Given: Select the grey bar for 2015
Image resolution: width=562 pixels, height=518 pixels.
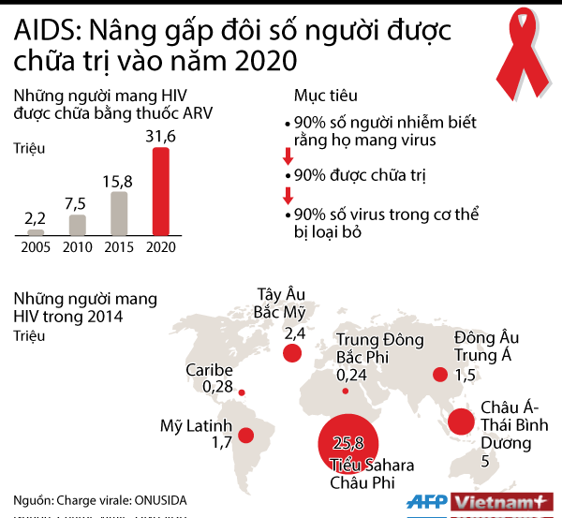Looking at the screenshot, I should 119,213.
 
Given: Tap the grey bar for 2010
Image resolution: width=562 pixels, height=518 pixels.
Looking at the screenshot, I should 77,225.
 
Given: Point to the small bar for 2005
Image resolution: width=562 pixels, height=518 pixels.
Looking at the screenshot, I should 36,232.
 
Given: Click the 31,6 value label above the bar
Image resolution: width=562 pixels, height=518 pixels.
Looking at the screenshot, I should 161,138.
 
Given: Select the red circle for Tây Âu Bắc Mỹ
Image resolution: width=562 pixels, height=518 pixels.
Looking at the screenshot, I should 293,353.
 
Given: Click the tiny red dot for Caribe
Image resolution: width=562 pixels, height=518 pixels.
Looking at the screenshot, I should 242,392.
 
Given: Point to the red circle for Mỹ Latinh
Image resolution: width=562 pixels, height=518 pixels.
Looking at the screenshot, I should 246,436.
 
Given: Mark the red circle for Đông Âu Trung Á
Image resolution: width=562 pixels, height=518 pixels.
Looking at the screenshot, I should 438,375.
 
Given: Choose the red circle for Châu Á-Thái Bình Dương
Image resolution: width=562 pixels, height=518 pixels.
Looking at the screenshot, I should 461,422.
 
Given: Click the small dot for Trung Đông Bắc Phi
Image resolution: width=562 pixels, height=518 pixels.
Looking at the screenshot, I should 346,391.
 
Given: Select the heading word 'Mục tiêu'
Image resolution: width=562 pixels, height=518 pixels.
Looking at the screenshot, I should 325,97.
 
